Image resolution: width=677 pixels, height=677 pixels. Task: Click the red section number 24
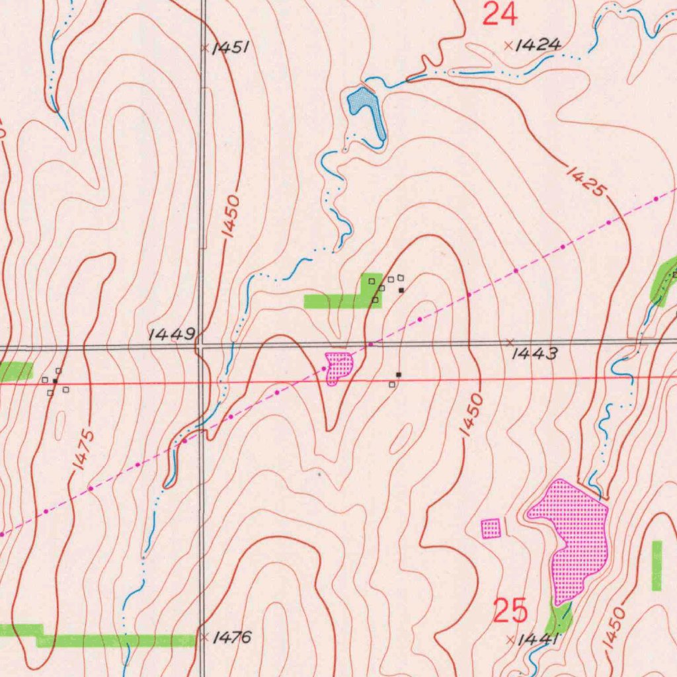point(499,14)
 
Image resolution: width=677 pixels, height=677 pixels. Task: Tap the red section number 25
point(511,611)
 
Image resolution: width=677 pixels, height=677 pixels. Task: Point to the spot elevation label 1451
point(230,48)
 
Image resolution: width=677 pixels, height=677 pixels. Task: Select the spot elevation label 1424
point(538,45)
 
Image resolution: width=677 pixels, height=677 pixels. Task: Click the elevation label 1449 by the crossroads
point(171,335)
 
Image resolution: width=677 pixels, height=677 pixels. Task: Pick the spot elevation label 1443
point(535,354)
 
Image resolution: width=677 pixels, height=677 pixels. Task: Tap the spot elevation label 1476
point(233,637)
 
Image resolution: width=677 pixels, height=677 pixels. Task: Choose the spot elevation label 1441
point(538,639)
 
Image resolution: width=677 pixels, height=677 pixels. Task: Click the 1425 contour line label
point(586,180)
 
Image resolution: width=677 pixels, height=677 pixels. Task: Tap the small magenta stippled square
point(491,528)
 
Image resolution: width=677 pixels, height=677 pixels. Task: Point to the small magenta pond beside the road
point(338,366)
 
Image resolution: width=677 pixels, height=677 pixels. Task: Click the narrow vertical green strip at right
point(657,565)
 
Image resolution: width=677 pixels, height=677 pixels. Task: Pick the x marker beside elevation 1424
point(508,46)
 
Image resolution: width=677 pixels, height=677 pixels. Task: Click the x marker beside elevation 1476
point(205,637)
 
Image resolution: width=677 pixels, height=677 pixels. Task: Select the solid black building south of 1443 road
point(398,375)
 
